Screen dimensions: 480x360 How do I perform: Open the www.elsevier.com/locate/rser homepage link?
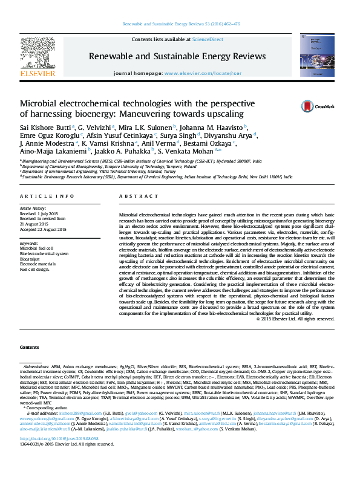(x=199, y=73)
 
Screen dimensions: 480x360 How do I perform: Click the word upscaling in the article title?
(x=221, y=114)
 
